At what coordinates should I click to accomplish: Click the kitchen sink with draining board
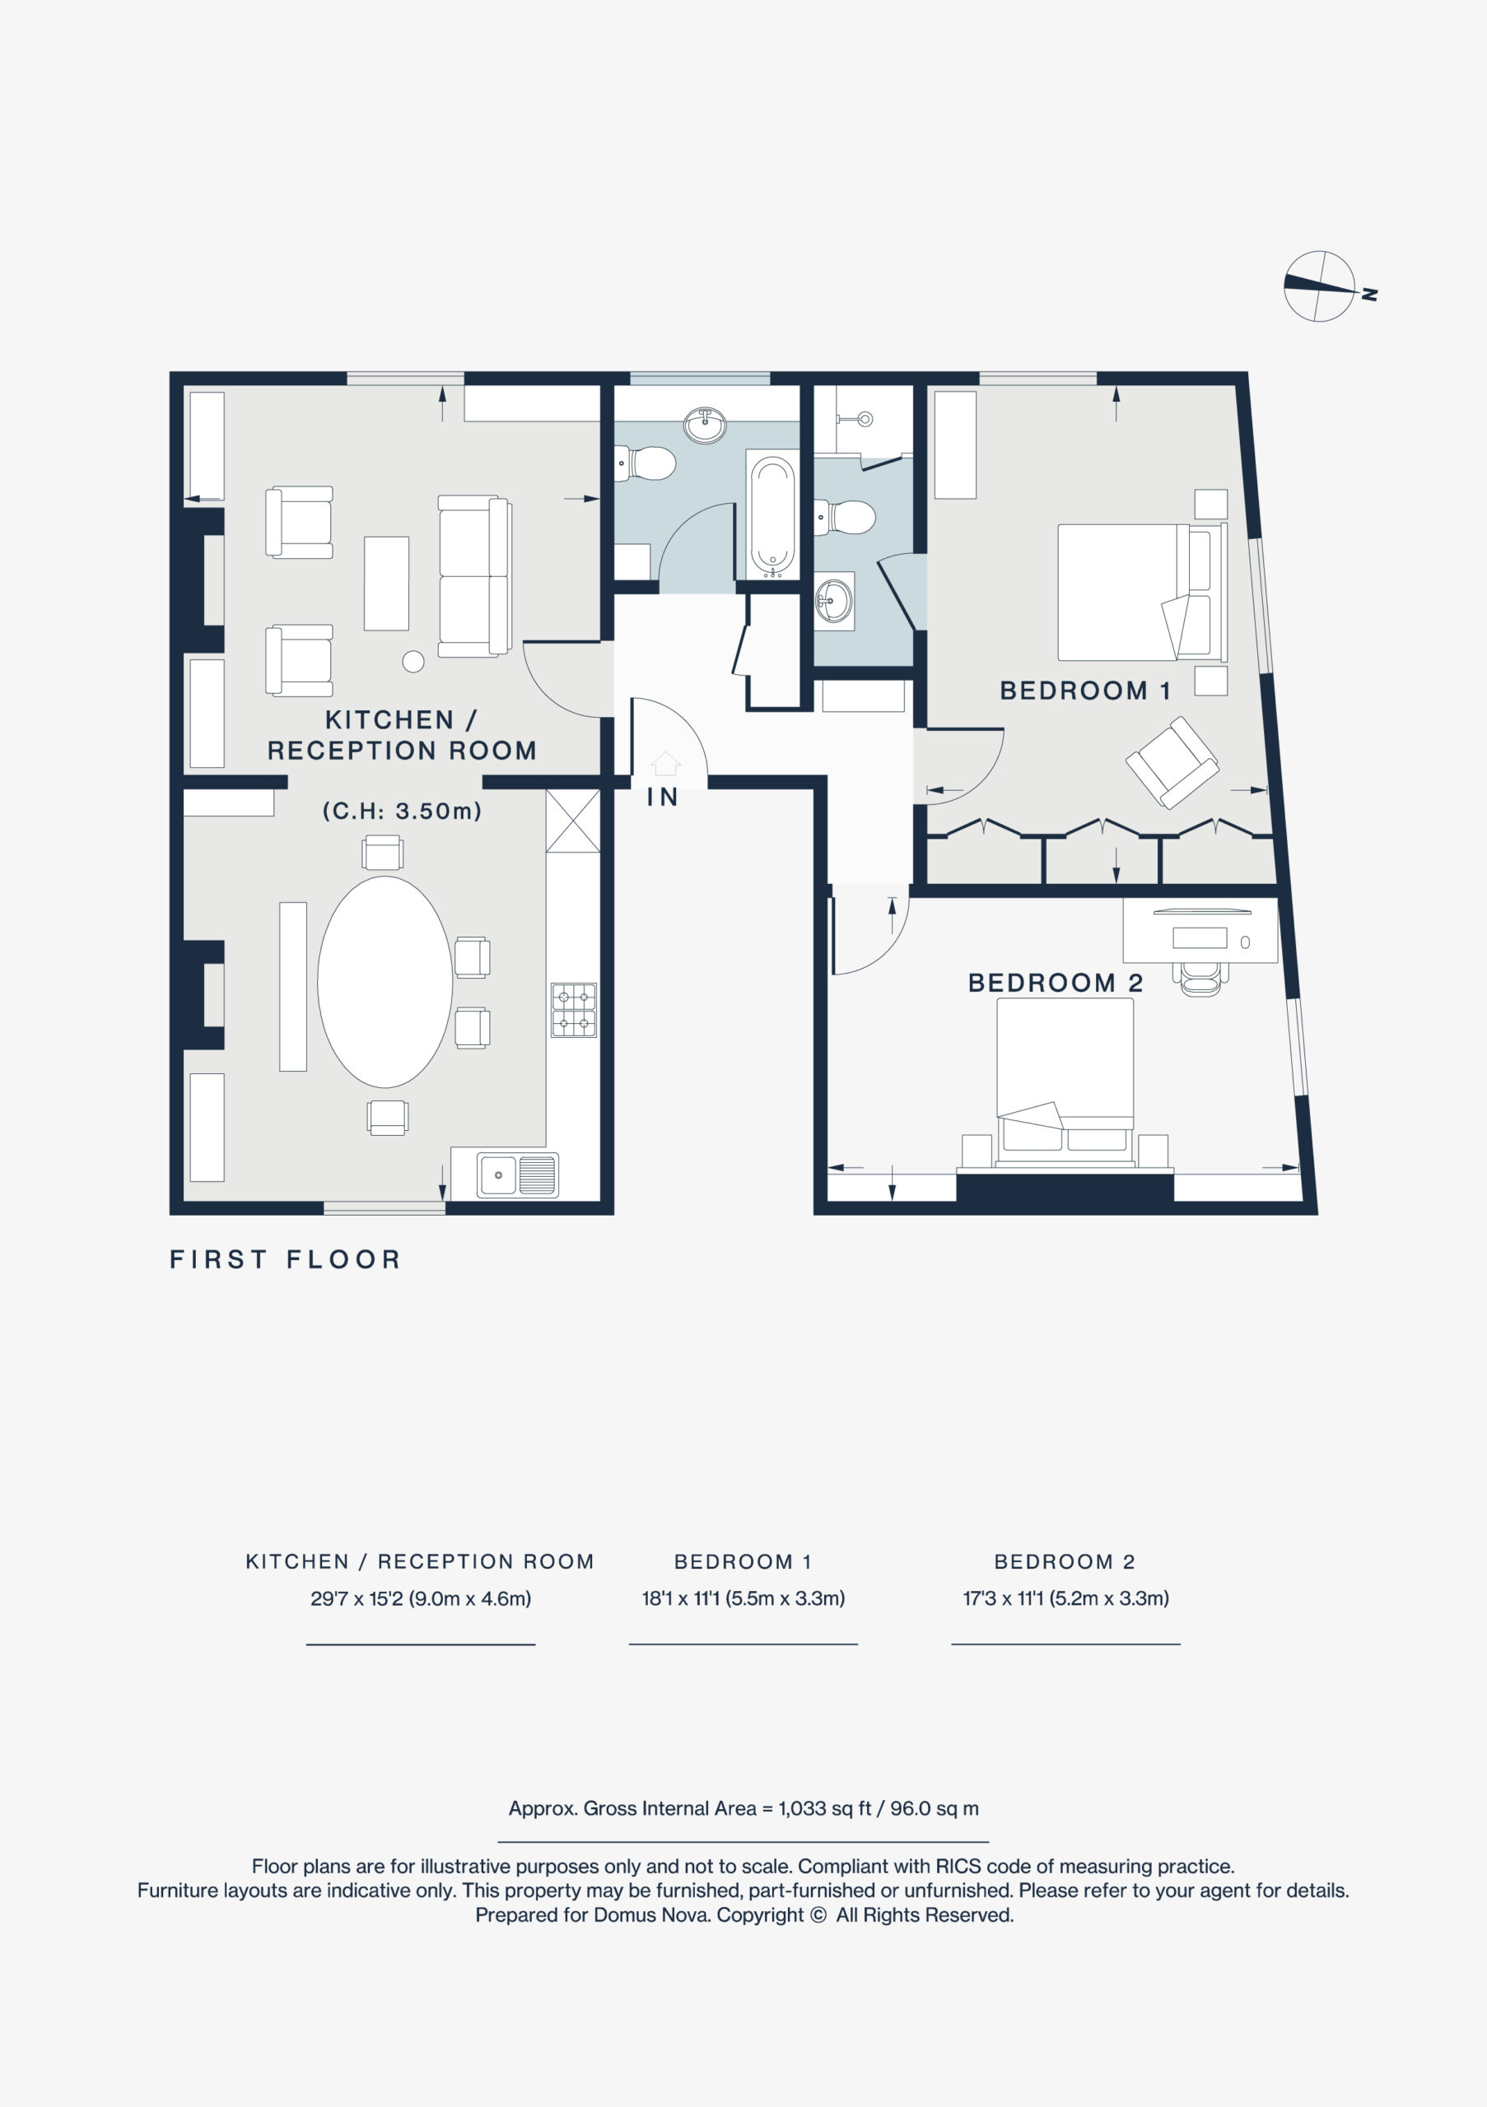[x=517, y=1174]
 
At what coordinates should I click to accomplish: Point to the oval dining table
[x=385, y=981]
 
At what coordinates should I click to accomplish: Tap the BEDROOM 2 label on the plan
[x=1056, y=983]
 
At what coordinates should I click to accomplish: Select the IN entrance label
[x=663, y=797]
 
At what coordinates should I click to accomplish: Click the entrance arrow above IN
[x=665, y=764]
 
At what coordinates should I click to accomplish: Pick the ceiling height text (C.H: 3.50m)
[x=402, y=811]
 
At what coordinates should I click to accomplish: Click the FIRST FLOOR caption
[x=286, y=1259]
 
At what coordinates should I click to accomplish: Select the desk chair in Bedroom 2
[x=1200, y=979]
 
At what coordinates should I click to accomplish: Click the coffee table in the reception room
[x=386, y=583]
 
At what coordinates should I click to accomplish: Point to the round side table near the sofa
[x=413, y=661]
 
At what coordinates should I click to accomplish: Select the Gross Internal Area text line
[x=743, y=1808]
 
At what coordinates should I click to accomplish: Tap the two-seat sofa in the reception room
[x=474, y=575]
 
